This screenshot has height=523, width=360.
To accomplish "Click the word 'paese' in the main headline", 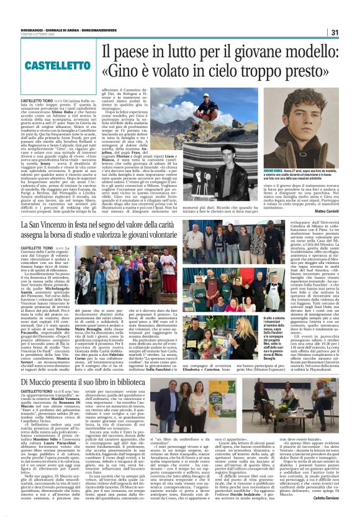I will pos(138,52).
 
